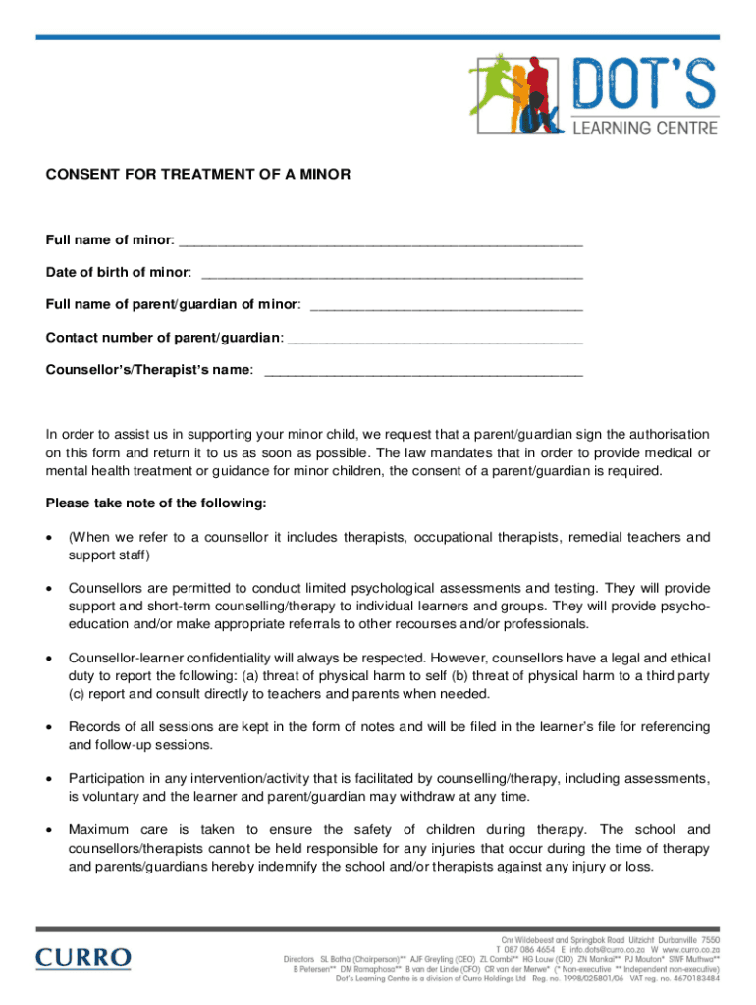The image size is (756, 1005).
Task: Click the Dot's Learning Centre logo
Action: [593, 95]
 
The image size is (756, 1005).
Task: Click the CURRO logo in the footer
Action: [83, 957]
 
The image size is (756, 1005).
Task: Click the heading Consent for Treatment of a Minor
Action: [197, 175]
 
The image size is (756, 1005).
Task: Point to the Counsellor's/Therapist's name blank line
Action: [424, 372]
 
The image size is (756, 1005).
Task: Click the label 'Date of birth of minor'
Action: [118, 272]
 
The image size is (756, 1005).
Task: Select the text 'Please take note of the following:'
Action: [156, 503]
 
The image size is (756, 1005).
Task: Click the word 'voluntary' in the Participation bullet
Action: [112, 796]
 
